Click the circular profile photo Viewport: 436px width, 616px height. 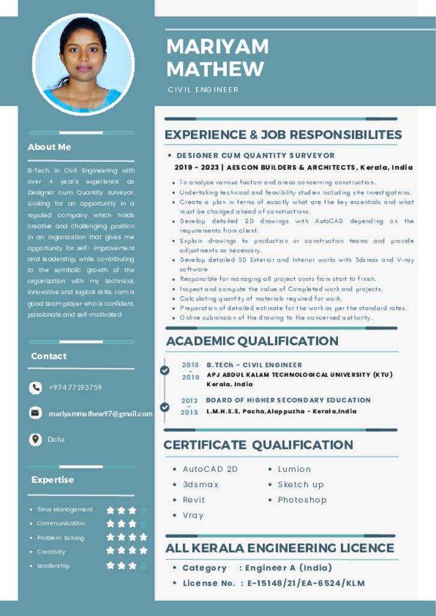84,64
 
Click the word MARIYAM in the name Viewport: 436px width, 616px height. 217,47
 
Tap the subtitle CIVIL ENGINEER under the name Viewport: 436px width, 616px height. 203,90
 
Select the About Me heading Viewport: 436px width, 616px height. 49,147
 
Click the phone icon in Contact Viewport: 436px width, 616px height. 35,388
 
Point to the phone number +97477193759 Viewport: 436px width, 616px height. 75,387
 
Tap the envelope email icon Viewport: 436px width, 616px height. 35,413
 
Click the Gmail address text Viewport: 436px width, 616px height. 100,413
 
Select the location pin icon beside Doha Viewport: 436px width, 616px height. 35,439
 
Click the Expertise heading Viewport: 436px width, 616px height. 53,479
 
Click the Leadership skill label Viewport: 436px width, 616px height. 54,565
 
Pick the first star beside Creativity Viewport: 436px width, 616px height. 111,550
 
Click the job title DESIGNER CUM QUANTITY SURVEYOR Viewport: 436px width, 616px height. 256,155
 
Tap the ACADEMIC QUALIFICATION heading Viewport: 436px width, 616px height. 252,341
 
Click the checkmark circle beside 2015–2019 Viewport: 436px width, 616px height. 165,371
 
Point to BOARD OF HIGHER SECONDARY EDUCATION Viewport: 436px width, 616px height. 288,400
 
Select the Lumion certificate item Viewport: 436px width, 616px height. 294,469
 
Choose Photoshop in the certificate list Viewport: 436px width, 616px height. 302,500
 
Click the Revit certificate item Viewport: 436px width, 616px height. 194,500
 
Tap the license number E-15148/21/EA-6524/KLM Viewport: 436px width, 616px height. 306,583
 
